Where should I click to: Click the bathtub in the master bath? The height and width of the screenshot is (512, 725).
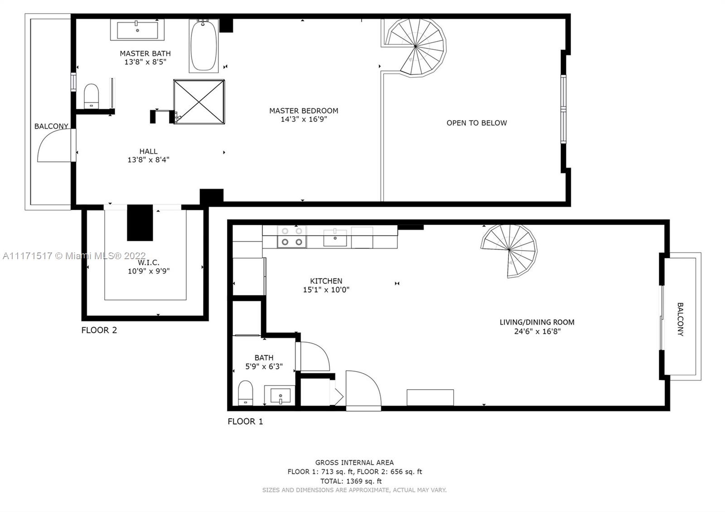point(204,46)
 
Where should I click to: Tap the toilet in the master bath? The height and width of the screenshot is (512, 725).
point(91,96)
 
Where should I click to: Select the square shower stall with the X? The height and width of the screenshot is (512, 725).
point(199,102)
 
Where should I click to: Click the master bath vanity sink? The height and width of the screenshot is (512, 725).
point(137,30)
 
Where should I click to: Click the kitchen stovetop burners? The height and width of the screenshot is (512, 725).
point(292,237)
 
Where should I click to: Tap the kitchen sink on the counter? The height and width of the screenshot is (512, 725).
point(335,237)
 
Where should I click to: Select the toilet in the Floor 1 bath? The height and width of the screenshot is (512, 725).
point(245,392)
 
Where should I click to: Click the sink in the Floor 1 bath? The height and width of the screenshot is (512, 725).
point(280,395)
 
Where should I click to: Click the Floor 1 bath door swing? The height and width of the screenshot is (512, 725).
point(313,356)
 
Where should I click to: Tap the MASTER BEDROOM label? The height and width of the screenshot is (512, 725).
point(304,111)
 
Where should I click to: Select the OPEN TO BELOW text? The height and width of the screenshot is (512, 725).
point(477,123)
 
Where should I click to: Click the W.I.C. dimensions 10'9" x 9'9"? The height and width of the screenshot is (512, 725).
point(149,271)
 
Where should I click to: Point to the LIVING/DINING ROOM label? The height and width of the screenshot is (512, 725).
point(537,322)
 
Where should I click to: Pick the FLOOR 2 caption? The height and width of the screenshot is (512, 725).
point(99,330)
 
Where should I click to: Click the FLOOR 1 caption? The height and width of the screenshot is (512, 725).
point(245,421)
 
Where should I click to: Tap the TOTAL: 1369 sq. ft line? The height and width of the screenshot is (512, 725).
point(351,481)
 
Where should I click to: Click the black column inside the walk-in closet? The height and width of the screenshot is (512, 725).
point(140,222)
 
